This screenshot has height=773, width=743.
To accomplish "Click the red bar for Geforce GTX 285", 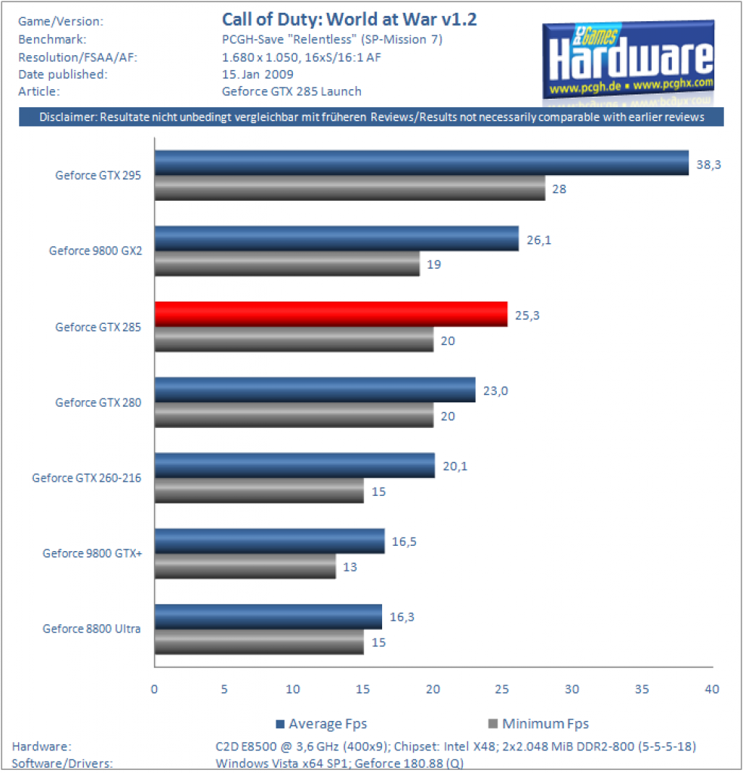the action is pos(331,314).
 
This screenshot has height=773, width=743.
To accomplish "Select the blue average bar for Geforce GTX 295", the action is pos(421,163).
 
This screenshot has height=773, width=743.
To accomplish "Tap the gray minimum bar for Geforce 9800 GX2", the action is pos(287,263).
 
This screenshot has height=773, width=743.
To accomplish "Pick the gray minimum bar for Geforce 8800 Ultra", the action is pos(259,642).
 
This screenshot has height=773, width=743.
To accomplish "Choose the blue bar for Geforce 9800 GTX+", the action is pos(270,540).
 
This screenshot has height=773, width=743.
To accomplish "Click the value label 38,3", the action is pos(708,165).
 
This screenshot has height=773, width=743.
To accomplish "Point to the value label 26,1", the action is pos(539,240).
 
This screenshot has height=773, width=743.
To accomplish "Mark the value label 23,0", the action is pos(495,391).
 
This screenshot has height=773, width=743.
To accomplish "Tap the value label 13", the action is pos(350,567).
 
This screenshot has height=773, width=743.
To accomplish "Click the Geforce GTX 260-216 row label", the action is pos(87,478).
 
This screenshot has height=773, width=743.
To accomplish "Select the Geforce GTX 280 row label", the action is pos(98,402).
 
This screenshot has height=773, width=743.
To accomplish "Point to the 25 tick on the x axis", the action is pos(502,688).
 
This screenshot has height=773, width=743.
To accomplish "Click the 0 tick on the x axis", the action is pos(154,688).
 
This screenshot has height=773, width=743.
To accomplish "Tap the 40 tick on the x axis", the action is pos(712,688).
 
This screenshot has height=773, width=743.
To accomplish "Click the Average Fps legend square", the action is pos(280,724).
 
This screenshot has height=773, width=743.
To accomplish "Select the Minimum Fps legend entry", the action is pos(538,724).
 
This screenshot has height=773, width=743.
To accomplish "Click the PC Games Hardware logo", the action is pos(628,61).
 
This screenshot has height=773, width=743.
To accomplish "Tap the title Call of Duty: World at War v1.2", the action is pos(349,19).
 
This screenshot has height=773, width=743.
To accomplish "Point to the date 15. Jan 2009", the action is pos(257,75).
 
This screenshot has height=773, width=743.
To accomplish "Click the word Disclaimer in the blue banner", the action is pos(68,117).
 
